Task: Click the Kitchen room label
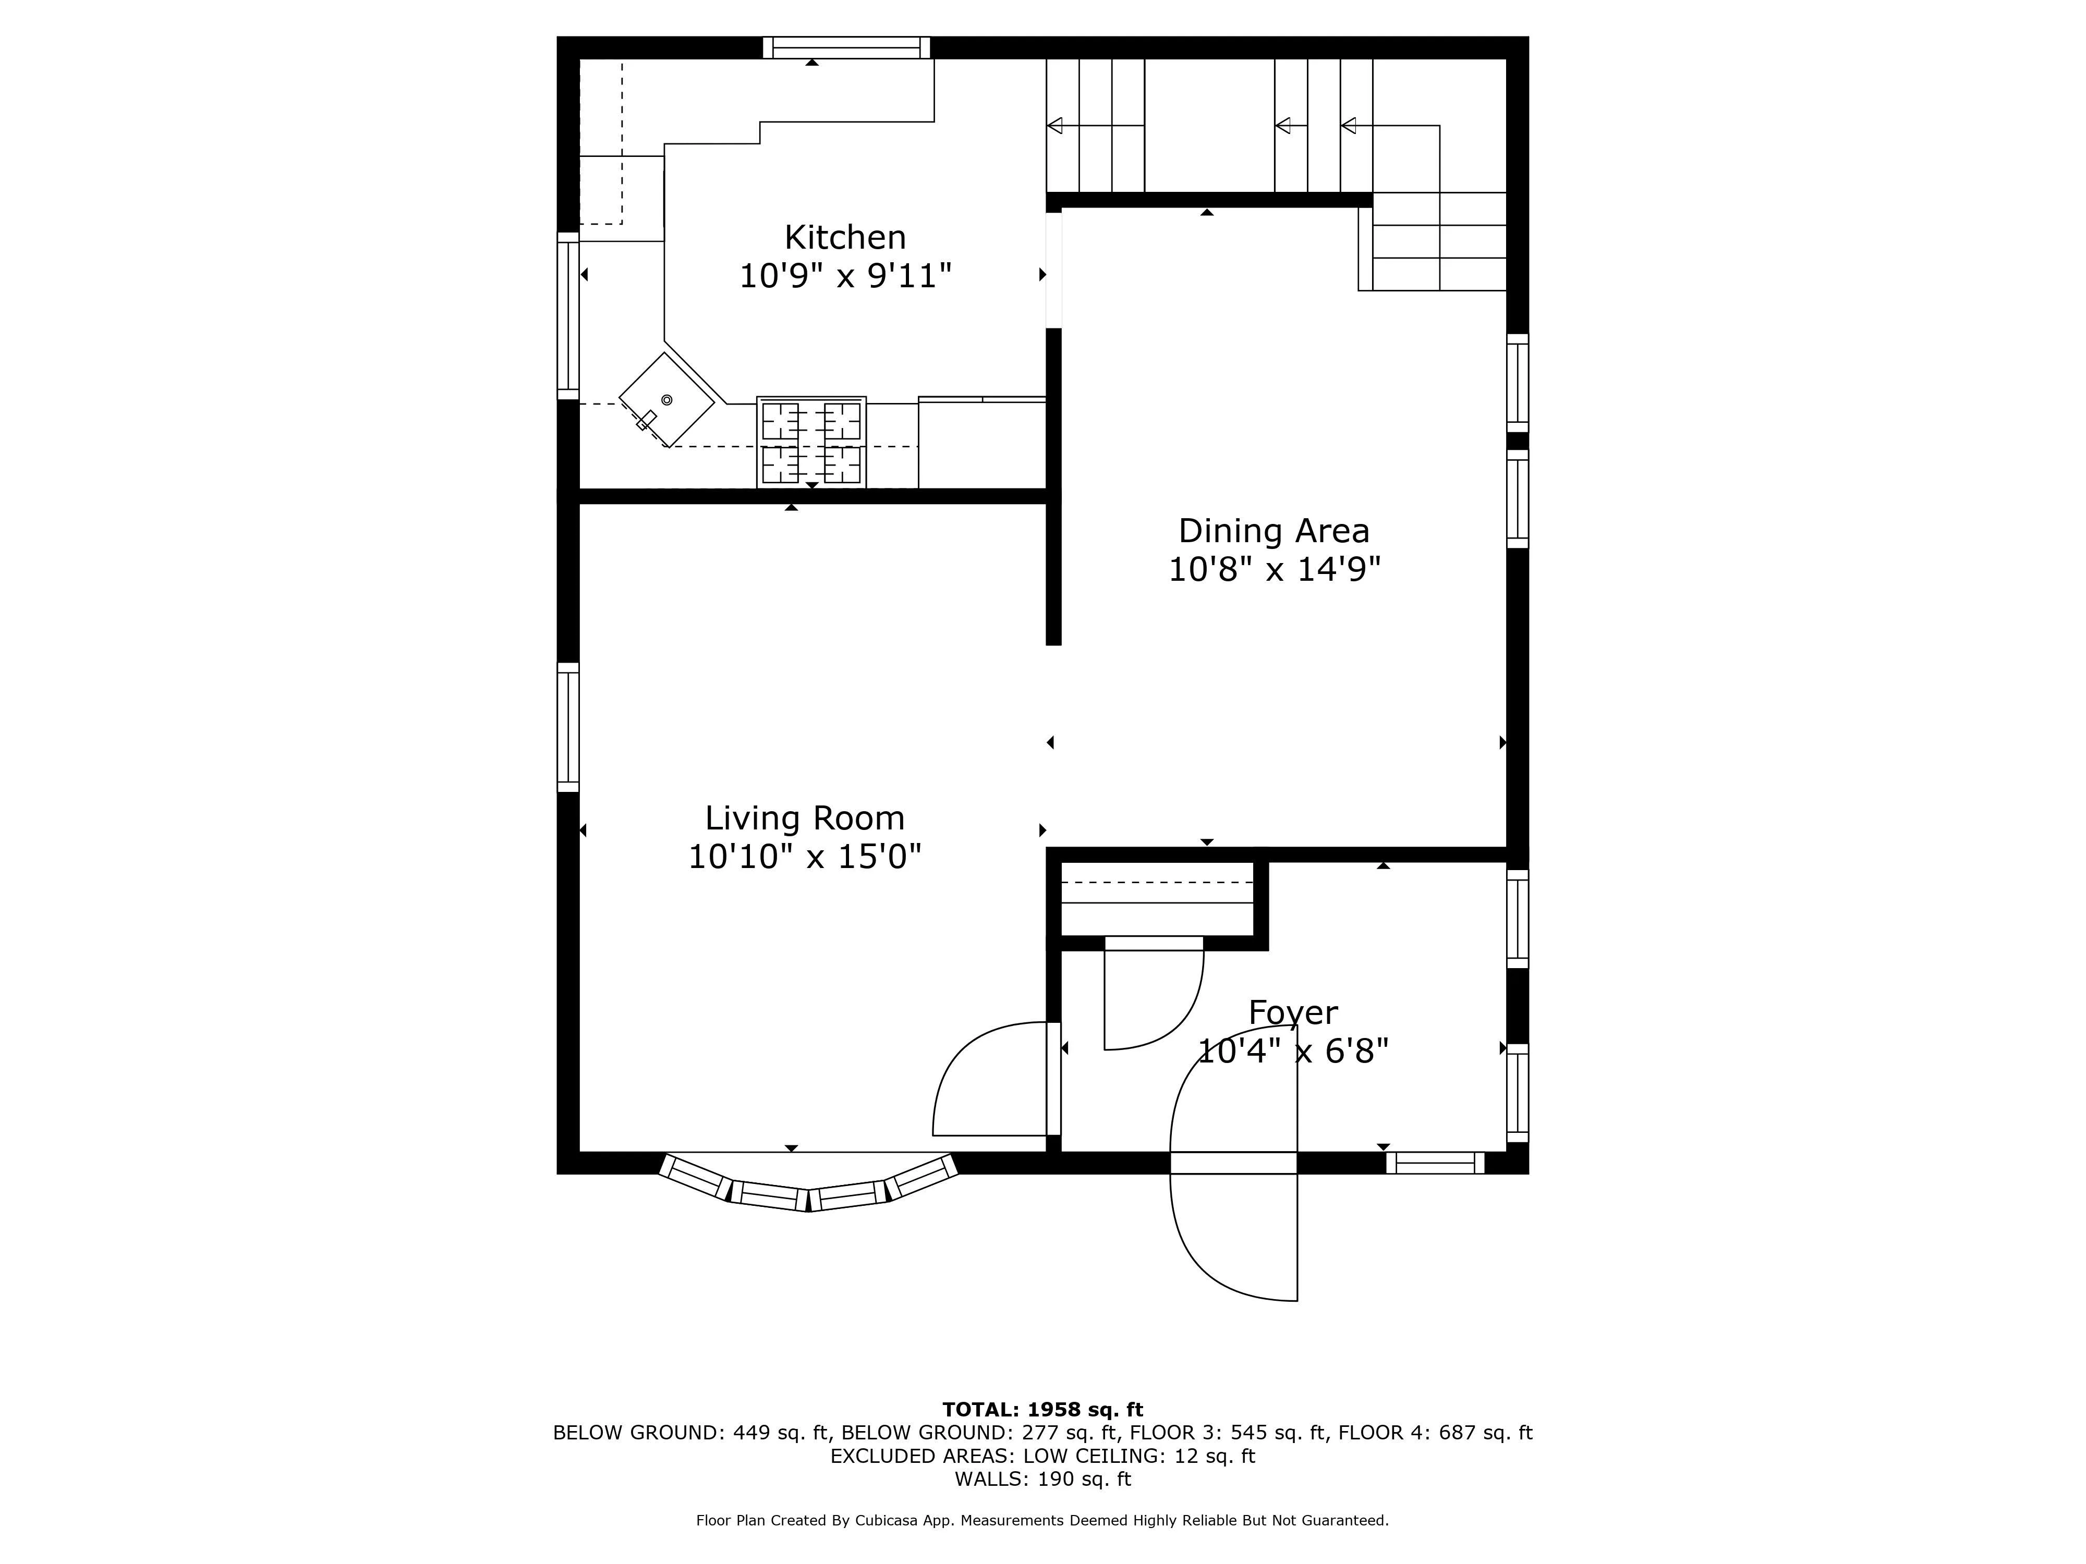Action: [x=845, y=237]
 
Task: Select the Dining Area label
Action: [x=1273, y=531]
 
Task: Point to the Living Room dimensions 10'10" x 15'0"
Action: [x=804, y=857]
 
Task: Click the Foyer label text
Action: [x=1293, y=1012]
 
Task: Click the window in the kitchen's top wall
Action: [x=846, y=47]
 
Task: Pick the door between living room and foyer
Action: [x=990, y=1084]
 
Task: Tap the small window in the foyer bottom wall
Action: [x=1434, y=1163]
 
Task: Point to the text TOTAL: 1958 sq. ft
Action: [x=1042, y=1409]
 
